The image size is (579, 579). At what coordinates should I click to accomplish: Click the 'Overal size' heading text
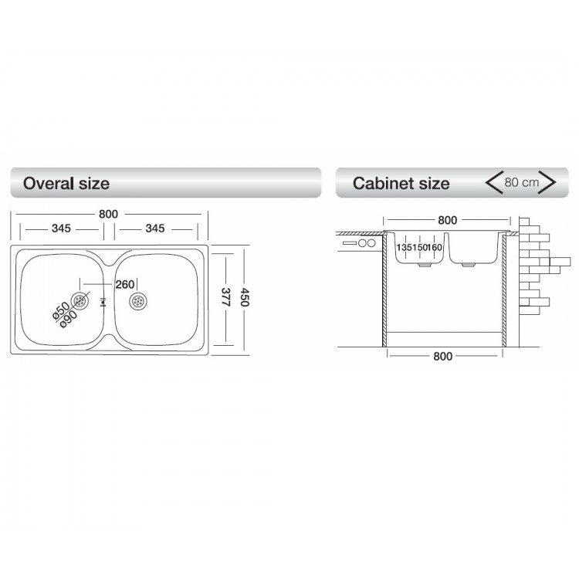point(66,184)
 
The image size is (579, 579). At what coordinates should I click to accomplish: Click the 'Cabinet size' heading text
point(401,184)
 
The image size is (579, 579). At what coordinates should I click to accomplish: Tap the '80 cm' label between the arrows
point(521,183)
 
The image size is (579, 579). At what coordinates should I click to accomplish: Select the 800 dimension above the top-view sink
point(110,213)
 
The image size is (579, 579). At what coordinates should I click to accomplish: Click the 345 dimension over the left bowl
point(62,229)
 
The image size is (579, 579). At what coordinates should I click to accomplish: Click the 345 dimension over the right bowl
point(155,229)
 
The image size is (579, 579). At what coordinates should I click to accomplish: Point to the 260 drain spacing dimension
point(124,284)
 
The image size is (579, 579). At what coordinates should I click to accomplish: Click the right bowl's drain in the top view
point(139,300)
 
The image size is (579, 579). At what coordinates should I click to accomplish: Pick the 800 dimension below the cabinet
point(443,356)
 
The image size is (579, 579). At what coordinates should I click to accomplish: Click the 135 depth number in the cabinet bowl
point(405,247)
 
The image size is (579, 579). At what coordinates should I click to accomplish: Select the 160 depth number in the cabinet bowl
point(435,247)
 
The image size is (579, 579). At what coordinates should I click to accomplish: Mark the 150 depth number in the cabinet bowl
point(419,247)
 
